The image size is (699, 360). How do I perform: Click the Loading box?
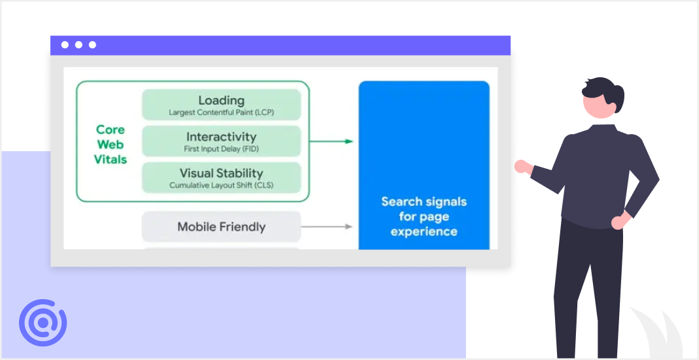[x=221, y=105]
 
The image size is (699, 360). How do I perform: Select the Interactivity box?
[x=221, y=141]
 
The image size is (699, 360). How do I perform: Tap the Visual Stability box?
[x=221, y=177]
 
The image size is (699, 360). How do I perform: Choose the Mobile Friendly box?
[x=221, y=227]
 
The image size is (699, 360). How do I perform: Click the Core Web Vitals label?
[x=110, y=145]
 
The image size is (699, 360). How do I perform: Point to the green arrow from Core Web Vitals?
[x=331, y=141]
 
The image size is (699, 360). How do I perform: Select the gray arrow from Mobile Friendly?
[x=327, y=226]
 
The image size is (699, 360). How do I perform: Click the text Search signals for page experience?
[x=423, y=217]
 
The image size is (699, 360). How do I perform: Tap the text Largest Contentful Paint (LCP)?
[x=221, y=113]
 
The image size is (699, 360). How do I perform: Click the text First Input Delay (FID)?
[x=221, y=149]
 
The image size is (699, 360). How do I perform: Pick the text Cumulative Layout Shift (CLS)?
[x=221, y=185]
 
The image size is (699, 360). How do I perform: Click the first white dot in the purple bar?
[x=65, y=45]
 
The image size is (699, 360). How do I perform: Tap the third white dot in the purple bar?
[x=92, y=45]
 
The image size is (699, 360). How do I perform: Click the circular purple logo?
[x=43, y=323]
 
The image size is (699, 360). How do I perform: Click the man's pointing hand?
[x=522, y=167]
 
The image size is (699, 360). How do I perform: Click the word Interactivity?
[x=221, y=137]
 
